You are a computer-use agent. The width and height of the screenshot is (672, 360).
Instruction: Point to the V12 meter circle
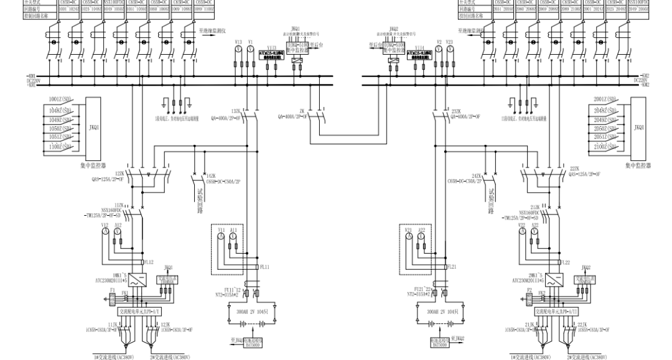pos(106,231)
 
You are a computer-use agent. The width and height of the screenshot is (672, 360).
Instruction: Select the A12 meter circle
pos(118,231)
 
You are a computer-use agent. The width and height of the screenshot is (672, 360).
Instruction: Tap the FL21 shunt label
pos(451,266)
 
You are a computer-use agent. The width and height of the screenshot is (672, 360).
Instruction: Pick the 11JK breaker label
pos(112,325)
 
